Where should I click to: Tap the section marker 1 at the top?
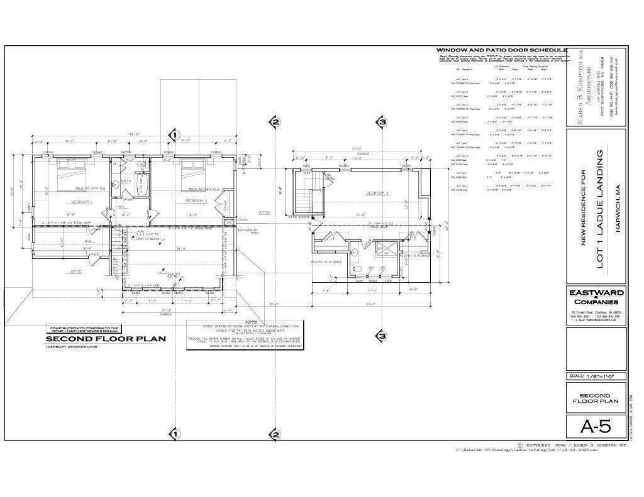175,134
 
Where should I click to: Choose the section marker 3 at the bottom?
382,336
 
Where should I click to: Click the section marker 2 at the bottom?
275,434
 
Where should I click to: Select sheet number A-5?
595,427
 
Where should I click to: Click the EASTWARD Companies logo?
596,297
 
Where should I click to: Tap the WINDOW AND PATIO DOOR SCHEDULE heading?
501,50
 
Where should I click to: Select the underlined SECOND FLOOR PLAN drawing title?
106,339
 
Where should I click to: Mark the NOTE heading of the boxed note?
245,322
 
